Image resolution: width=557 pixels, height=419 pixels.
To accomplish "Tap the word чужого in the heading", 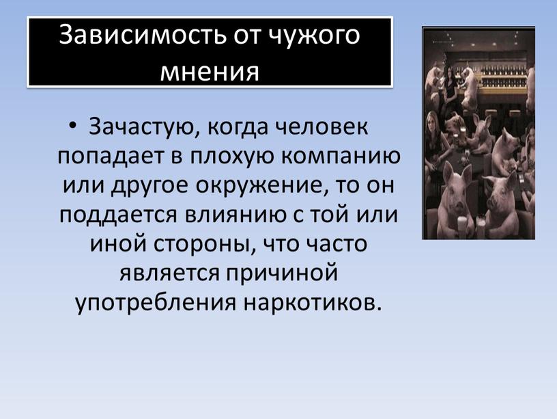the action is tap(313, 36).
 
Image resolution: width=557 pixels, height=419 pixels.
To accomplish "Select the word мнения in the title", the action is tap(210, 71).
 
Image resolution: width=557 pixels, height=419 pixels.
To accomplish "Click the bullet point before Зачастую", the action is tap(73, 126).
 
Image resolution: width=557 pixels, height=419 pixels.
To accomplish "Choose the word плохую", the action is tap(232, 157).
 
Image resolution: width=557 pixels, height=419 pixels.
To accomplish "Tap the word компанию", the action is tap(341, 157).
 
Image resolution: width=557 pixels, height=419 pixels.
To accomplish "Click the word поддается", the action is tap(118, 215).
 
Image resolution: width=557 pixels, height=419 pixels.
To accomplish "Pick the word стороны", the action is tap(204, 244).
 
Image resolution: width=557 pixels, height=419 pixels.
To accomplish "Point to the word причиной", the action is tap(282, 274).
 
